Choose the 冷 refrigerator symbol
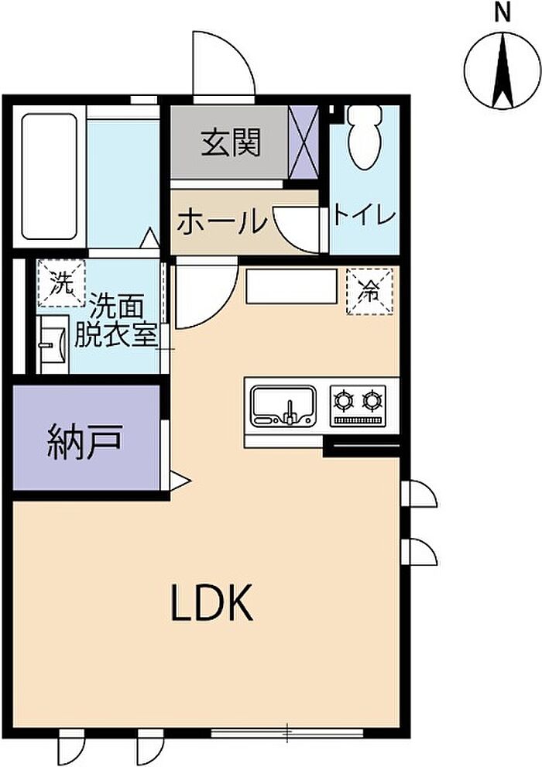point(371,291)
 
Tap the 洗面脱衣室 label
point(116,320)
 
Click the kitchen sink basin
point(283,405)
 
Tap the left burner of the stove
point(343,400)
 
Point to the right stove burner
point(373,400)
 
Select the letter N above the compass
point(503,12)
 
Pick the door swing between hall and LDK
point(203,295)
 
